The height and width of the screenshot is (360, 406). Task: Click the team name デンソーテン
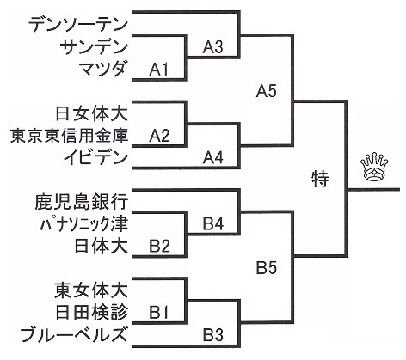pos(77,24)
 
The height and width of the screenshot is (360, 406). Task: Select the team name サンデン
pos(94,46)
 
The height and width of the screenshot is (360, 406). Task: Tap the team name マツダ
pos(102,69)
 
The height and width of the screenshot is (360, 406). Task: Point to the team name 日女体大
pos(91,113)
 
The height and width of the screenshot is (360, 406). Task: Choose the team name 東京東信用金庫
pos(69,136)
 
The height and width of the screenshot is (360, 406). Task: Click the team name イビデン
pos(95,157)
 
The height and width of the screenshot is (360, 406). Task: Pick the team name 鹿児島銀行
pos(81,202)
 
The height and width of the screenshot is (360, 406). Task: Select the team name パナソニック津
pos(83,224)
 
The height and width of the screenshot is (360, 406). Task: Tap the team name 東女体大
pos(90,290)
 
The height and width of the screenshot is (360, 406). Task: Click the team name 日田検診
pos(91,312)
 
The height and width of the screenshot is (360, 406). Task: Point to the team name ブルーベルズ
pos(73,334)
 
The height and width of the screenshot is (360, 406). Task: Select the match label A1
pos(158,69)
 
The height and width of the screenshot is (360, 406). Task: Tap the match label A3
pos(212,47)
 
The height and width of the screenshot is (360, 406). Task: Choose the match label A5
pos(267,91)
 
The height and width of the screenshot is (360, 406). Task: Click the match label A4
pos(212,157)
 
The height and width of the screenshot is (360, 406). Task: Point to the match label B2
pos(159,246)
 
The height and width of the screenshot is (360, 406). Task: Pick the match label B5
pos(267,268)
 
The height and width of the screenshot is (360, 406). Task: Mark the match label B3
pos(213,334)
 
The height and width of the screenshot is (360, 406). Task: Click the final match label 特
pos(320,180)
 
